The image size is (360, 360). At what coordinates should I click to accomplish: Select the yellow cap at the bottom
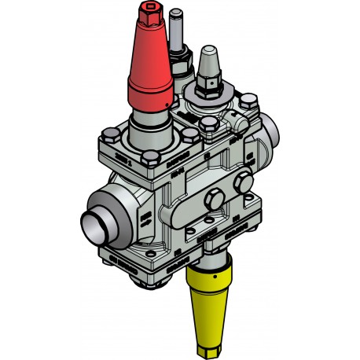[214, 299]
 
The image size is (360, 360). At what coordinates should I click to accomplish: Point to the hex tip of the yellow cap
[215, 343]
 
